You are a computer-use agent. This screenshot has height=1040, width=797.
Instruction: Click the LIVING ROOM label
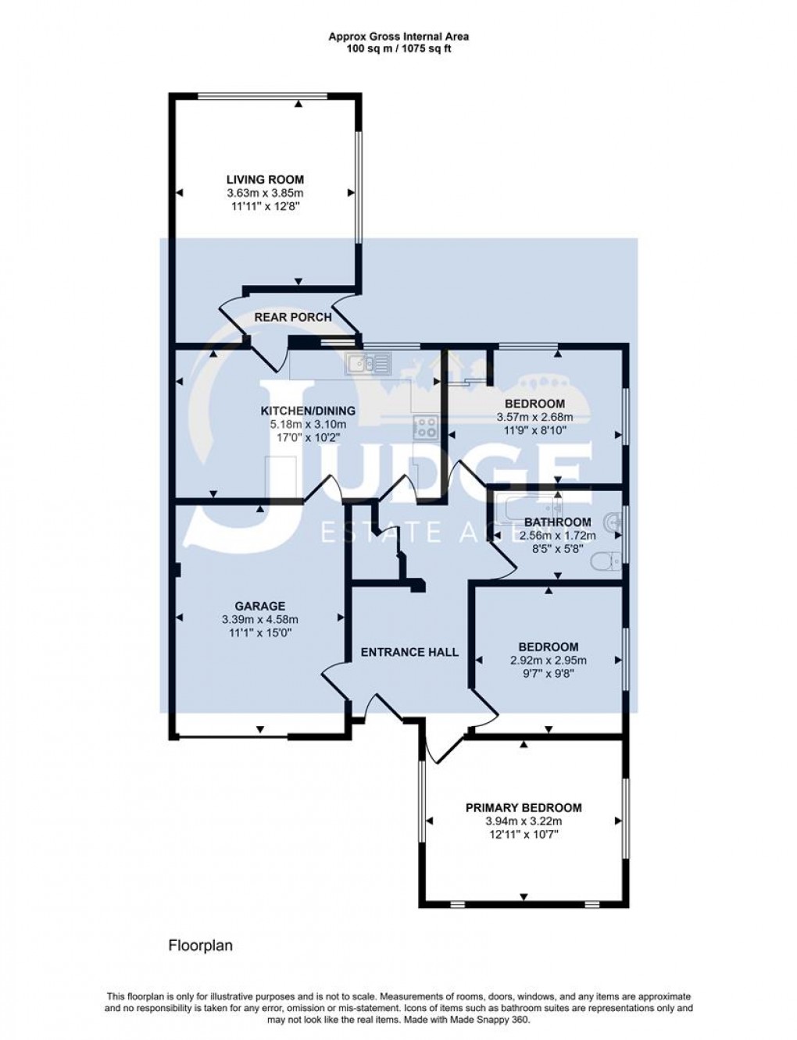[265, 180]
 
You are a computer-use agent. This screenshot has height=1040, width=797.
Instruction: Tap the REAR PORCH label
[293, 317]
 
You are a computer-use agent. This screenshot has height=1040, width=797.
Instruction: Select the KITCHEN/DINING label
[307, 411]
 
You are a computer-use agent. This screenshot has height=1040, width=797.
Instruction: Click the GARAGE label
[260, 606]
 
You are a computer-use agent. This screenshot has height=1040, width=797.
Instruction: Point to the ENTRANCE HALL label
[409, 652]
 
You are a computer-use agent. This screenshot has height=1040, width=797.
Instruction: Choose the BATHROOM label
[557, 522]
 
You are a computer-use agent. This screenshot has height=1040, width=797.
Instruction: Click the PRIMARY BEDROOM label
[524, 808]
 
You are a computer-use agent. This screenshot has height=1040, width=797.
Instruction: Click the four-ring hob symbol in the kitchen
[425, 426]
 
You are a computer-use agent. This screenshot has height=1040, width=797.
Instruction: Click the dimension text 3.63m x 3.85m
[265, 193]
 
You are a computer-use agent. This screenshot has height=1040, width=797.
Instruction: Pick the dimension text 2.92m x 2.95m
[549, 661]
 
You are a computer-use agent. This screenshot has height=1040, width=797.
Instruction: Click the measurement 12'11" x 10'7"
[524, 835]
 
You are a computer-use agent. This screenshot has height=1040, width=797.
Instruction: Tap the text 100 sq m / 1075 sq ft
[398, 48]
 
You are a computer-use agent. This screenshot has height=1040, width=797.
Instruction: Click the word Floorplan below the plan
[201, 946]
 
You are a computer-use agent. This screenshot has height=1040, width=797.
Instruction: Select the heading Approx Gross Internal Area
[398, 36]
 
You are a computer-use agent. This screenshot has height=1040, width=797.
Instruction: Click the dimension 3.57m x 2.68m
[534, 417]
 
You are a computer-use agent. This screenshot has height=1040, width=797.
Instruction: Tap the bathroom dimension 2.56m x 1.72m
[557, 536]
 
